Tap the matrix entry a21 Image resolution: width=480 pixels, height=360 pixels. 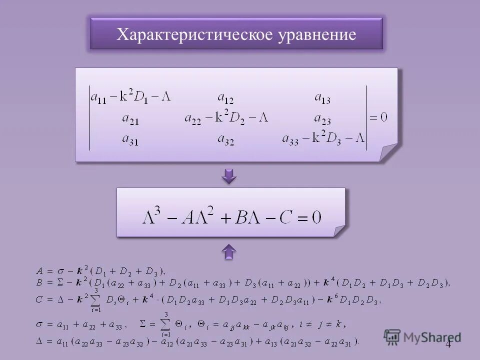click(130, 118)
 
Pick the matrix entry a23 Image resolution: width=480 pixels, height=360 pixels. click(322, 118)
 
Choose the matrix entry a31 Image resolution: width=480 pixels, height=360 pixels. click(130, 139)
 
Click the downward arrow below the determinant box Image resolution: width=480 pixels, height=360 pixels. click(229, 176)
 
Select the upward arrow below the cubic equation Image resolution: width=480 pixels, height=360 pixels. click(229, 251)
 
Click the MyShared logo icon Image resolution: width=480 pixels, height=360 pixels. click(392, 337)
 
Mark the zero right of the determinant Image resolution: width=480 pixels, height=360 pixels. click(384, 118)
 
